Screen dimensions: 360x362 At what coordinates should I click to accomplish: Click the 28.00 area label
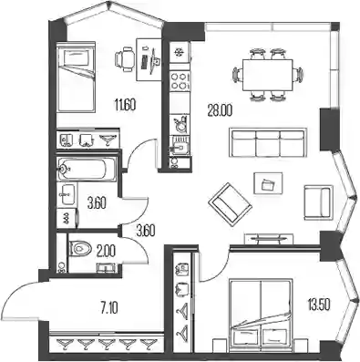click(x=220, y=109)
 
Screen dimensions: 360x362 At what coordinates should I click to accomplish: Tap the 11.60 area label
click(x=125, y=105)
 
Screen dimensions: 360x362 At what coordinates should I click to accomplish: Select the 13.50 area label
click(x=319, y=304)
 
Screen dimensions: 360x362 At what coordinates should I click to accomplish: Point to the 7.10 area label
click(x=109, y=308)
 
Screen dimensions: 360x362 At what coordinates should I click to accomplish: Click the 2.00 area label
click(x=106, y=251)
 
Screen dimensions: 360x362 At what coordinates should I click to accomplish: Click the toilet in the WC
click(x=80, y=249)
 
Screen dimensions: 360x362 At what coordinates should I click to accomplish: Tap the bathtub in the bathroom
click(x=87, y=169)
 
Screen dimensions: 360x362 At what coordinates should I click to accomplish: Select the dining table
click(x=267, y=75)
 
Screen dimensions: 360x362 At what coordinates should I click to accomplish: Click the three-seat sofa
click(x=268, y=142)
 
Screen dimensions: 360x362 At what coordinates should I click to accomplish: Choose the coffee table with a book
click(x=268, y=183)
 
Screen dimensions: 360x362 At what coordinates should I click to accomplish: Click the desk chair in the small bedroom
click(x=125, y=58)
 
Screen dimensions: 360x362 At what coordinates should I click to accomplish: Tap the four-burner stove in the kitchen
click(x=179, y=81)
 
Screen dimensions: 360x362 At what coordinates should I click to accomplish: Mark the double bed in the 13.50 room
click(x=261, y=313)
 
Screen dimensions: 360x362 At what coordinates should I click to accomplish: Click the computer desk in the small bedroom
click(x=149, y=59)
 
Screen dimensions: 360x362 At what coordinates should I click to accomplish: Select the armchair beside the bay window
click(x=318, y=202)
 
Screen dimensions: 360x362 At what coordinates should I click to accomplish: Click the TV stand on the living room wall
click(x=269, y=238)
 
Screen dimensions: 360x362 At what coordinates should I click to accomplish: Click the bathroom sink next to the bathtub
click(x=67, y=194)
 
